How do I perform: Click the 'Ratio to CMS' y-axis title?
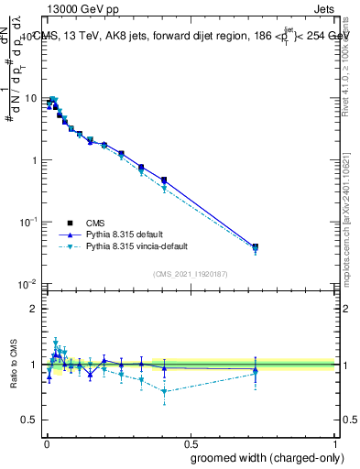12,365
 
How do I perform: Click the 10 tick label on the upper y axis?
30,98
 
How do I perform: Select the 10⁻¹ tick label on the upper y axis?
27,222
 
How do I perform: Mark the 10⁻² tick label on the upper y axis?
27,284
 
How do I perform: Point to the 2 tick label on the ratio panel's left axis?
34,309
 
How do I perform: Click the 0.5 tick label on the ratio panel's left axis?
30,420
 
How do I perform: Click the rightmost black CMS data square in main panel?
255,246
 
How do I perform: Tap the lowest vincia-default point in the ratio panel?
164,392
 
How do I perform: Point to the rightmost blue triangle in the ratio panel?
255,370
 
